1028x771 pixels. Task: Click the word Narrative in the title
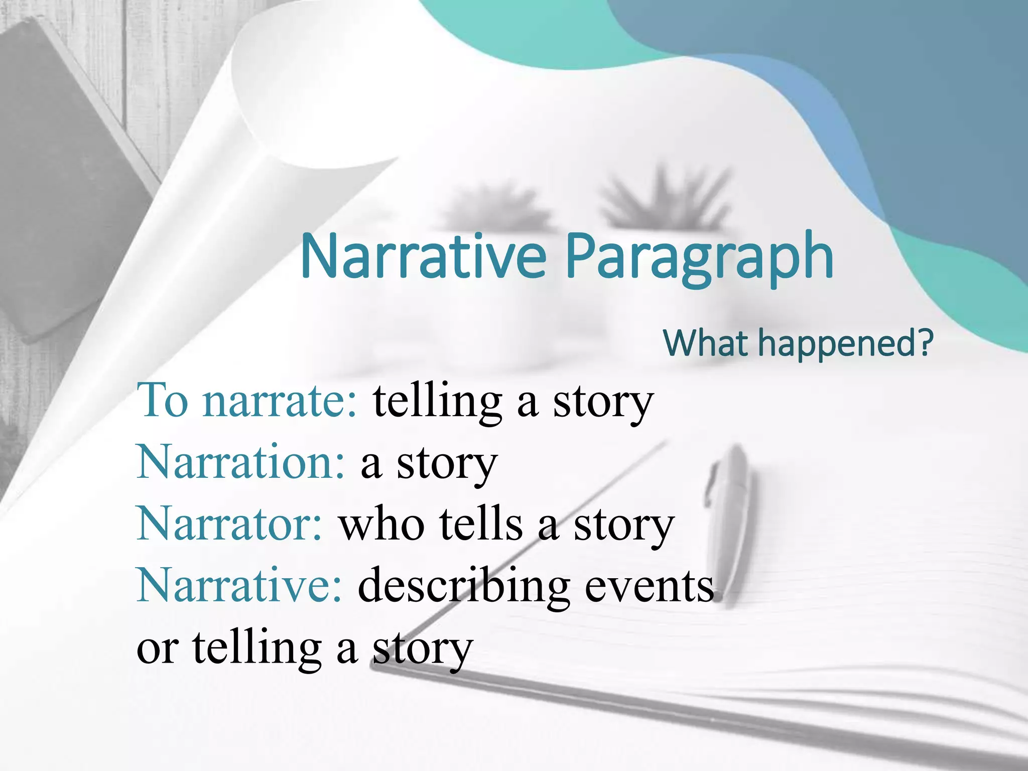[x=423, y=257]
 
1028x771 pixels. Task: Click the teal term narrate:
[x=281, y=401]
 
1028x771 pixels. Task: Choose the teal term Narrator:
[x=229, y=524]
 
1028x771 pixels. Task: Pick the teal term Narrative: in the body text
[x=239, y=585]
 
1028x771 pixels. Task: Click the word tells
[x=481, y=524]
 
